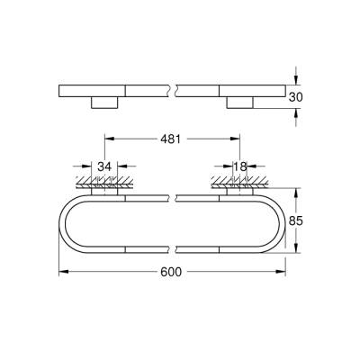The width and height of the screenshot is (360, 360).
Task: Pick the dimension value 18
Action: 239,166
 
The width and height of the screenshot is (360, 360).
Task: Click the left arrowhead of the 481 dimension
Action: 110,140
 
